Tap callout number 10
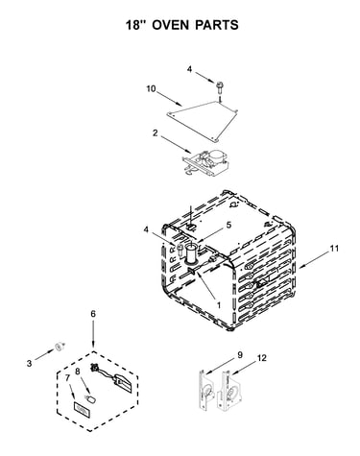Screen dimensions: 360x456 point(151,88)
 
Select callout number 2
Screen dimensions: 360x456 point(155,132)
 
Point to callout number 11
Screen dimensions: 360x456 point(334,249)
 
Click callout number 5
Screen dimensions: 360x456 point(228,225)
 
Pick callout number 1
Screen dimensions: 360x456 point(219,305)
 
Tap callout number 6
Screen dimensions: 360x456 point(93,314)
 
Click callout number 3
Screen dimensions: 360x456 point(29,364)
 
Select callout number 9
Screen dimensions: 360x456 point(240,355)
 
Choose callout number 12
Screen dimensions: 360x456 point(262,358)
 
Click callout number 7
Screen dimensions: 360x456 point(67,378)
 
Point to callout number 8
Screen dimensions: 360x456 point(78,372)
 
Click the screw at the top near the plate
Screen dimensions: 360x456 point(220,87)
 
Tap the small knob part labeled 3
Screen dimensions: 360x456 point(60,347)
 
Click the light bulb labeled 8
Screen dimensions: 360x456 point(91,398)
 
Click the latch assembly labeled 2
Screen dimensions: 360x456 point(205,162)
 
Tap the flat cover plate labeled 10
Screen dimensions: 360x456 point(203,121)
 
